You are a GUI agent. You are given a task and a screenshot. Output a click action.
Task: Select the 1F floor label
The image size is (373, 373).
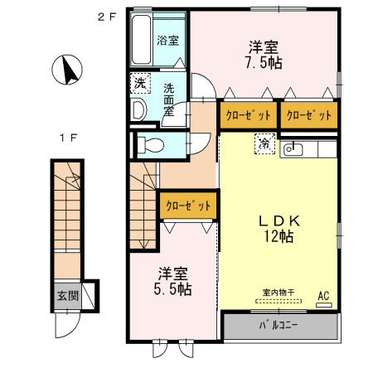[66, 137]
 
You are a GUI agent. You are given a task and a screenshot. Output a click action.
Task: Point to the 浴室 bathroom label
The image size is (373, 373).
[168, 39]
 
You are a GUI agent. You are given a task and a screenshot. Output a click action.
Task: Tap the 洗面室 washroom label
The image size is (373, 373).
[169, 100]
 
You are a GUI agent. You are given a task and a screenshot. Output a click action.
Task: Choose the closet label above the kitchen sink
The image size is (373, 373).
[309, 115]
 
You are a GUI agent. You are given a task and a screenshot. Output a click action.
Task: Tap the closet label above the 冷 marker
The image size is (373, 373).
[248, 115]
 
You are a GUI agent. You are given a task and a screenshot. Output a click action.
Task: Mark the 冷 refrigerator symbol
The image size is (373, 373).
[264, 143]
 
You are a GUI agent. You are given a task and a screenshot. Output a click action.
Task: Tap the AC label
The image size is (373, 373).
[323, 294]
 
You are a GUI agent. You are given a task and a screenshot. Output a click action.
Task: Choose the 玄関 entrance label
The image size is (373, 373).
[67, 294]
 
